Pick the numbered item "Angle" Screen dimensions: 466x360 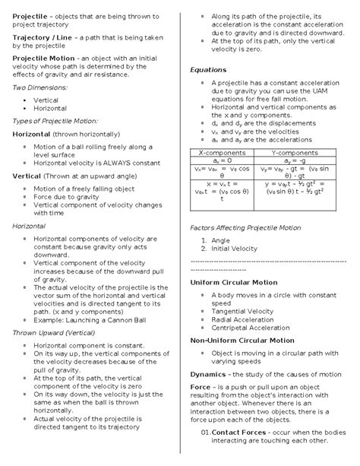pyautogui.click(x=221, y=239)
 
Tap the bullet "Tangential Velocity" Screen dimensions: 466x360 pyautogui.click(x=245, y=311)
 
